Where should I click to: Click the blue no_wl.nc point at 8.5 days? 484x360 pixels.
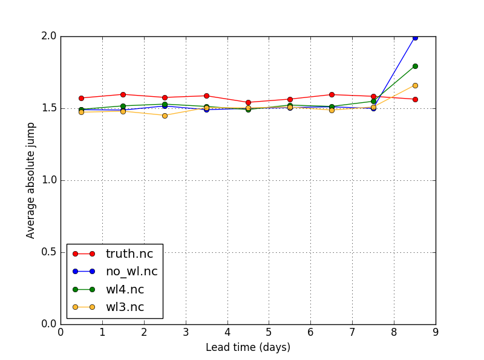point(415,38)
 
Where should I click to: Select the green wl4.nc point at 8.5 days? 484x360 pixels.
point(415,66)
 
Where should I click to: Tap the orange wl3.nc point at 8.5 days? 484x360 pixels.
point(415,85)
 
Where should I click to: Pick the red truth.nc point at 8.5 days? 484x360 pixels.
point(415,99)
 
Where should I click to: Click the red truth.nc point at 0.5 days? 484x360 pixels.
point(81,98)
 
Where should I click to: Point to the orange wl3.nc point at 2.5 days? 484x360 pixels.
point(165,116)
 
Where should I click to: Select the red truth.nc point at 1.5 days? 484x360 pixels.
point(123,94)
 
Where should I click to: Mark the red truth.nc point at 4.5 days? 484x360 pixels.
point(248,102)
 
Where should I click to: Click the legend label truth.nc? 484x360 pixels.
point(129,254)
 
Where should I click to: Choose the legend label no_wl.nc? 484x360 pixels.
point(131,271)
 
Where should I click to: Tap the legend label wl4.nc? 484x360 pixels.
point(125,289)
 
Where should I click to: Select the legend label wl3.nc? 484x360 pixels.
point(125,307)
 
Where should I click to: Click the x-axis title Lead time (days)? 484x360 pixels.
point(248,347)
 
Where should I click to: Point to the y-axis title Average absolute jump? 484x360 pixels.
point(31,180)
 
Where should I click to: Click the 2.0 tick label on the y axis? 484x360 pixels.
point(50,36)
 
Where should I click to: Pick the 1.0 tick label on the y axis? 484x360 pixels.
point(50,180)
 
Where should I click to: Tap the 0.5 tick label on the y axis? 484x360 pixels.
point(50,252)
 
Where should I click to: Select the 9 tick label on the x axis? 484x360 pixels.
point(436,332)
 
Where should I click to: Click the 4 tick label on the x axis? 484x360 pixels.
point(227,332)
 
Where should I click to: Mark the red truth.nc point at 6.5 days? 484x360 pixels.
point(332,94)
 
